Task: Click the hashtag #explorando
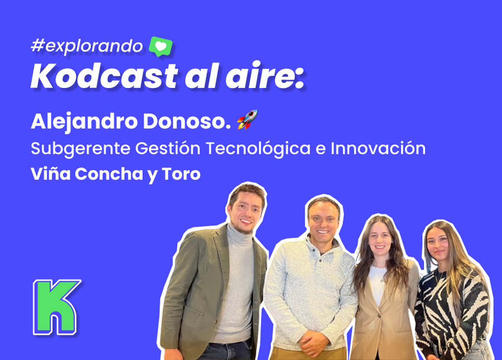[x=87, y=46]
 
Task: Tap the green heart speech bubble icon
[x=161, y=46]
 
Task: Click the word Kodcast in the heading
[x=104, y=76]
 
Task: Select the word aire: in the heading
[x=265, y=76]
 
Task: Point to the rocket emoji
[x=247, y=120]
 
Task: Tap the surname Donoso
[x=187, y=121]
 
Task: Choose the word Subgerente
[x=81, y=148]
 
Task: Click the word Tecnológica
[x=258, y=148]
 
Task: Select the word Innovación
[x=378, y=148]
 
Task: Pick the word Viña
[x=51, y=174]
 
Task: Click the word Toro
[x=181, y=174]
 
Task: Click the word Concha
[x=109, y=174]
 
